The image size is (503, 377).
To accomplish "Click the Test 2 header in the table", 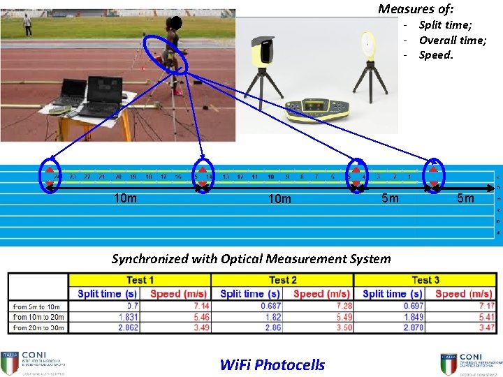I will coord(282,280).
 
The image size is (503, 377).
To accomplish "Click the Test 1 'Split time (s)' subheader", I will coord(107,294).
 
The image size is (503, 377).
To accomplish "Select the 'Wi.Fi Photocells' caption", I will coord(272,364).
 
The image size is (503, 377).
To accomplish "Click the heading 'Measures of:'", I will coord(416,9).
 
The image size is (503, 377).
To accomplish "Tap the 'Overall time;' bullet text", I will coord(452,40).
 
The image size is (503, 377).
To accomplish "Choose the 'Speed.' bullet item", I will coord(436,55).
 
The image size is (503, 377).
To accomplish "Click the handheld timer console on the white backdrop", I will coord(318,108).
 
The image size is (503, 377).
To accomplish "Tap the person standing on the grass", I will coord(27,25).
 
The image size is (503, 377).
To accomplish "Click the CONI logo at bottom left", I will coord(32,362).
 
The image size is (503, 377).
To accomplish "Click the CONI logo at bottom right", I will coord(467,362).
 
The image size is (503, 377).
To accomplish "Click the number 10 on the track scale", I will coord(270,177).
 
